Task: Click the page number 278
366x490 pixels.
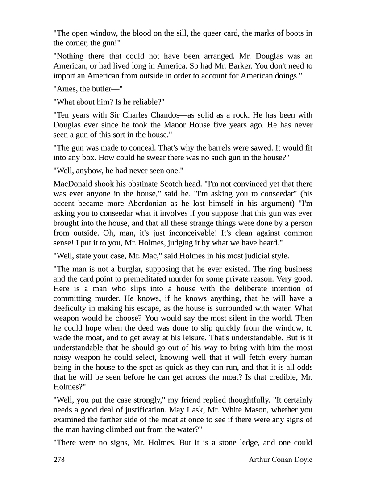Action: click(59, 460)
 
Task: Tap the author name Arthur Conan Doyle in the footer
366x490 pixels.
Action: click(280, 460)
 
